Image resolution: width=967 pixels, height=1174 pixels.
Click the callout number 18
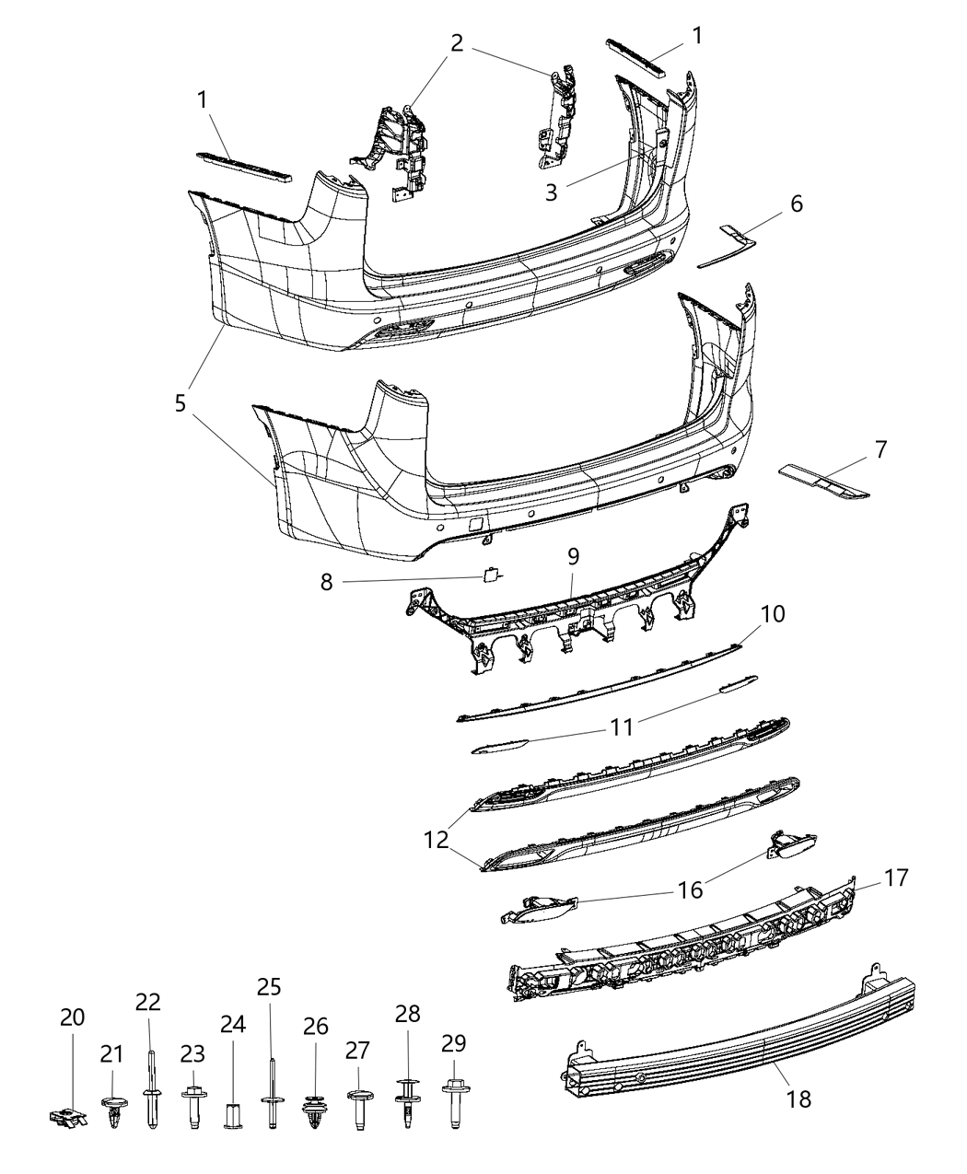coord(798,1098)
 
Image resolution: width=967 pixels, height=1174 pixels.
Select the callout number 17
coord(896,878)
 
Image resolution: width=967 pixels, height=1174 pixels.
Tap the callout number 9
coord(572,556)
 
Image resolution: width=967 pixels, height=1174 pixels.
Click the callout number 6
coord(796,203)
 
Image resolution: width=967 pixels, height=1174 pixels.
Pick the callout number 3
coord(552,192)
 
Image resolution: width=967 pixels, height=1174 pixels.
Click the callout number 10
coord(772,612)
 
